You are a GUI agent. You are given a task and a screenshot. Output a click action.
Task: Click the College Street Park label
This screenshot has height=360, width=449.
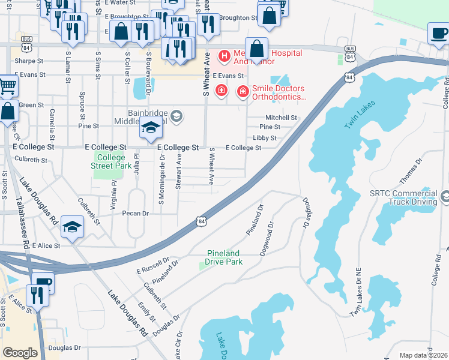click(111, 161)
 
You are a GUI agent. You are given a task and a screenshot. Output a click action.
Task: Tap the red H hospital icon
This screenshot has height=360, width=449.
click(224, 57)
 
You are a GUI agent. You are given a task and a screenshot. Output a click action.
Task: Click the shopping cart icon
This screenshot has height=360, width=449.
click(7, 85)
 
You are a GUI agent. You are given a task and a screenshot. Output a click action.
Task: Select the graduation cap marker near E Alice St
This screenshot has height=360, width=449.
click(72, 227)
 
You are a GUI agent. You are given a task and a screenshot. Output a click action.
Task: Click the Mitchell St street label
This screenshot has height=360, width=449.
click(282, 118)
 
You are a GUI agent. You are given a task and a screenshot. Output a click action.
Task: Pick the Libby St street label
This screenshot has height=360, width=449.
click(264, 138)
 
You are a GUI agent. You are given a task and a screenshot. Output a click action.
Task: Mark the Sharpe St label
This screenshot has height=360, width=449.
click(29, 61)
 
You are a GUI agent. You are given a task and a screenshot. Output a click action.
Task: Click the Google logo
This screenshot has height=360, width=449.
click(20, 352)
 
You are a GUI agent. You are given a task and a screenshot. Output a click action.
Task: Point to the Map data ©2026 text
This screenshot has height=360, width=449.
click(423, 355)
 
